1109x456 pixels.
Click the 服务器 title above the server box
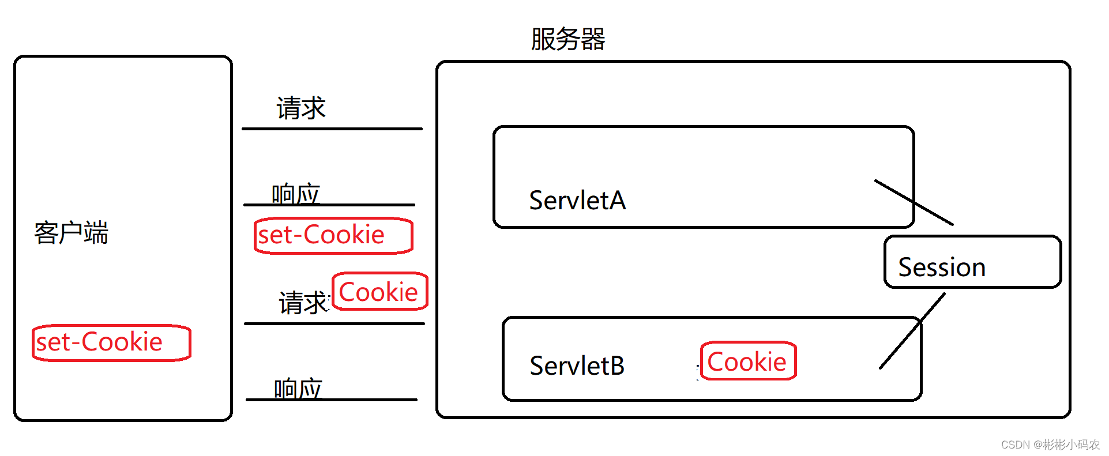tap(567, 39)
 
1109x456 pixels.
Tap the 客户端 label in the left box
tap(71, 233)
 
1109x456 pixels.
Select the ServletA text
tap(577, 201)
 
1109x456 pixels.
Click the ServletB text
tap(577, 365)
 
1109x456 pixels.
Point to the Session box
tap(972, 262)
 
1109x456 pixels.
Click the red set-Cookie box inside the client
tap(111, 343)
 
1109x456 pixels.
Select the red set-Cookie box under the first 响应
tap(333, 235)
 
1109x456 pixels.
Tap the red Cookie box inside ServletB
tap(748, 361)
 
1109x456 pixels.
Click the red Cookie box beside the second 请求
tap(379, 292)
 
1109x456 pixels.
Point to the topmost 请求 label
tap(301, 108)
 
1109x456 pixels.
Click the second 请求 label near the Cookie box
tap(303, 303)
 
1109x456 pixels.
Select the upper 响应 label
tap(295, 193)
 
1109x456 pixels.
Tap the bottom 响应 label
tap(298, 388)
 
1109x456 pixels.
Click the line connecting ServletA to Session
tap(914, 202)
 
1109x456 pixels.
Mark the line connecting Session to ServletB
tap(912, 331)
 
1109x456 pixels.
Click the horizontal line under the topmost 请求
tap(332, 129)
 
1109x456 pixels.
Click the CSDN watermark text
tap(1050, 444)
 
